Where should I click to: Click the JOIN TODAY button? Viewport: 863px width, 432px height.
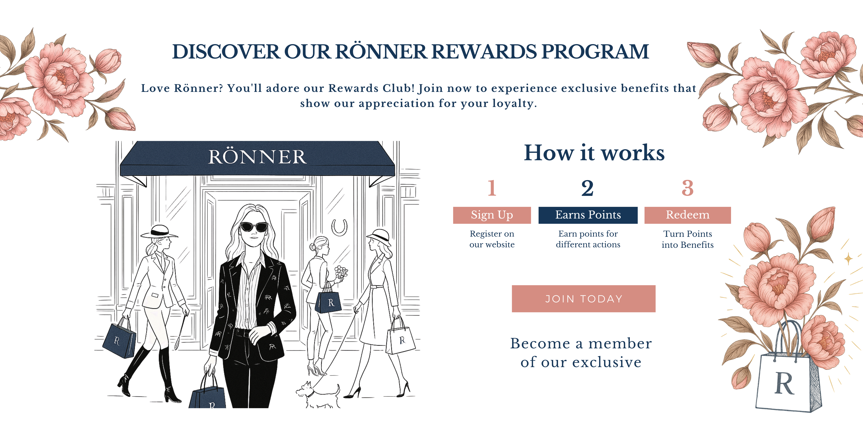coord(584,299)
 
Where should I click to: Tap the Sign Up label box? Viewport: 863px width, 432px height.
coord(492,215)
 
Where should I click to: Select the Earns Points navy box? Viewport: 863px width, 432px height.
coord(588,215)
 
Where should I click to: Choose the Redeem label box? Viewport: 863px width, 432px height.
coord(687,215)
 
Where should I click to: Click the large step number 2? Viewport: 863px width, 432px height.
coord(587,188)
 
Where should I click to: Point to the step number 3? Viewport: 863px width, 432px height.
coord(687,188)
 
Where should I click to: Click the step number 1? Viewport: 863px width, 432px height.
coord(492,188)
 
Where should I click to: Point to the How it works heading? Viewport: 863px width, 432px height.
coord(594,153)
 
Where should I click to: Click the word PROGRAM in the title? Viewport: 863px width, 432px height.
coord(595,52)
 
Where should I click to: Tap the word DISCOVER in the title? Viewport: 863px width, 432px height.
coord(226,52)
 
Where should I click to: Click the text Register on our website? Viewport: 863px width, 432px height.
coord(492,239)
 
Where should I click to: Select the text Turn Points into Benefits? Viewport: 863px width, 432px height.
coord(687,239)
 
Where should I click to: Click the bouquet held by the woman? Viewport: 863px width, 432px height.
coord(341,272)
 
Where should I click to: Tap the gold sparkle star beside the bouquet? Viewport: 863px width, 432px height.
coord(848,258)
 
